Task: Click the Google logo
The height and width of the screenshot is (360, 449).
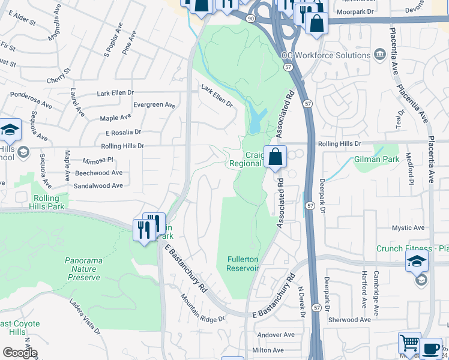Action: (19, 353)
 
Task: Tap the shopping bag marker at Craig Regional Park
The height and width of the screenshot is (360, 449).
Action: (275, 157)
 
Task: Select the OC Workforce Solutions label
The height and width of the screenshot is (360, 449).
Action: (326, 55)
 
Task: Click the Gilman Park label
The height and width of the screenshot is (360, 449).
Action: (376, 160)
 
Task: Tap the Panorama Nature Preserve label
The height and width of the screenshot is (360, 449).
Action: (83, 269)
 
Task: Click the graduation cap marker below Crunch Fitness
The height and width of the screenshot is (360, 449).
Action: (417, 262)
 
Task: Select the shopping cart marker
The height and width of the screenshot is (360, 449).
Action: (409, 344)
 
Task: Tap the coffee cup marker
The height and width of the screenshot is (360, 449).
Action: (430, 349)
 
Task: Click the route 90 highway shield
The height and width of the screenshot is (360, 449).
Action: (250, 18)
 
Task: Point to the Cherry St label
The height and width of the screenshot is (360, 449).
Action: (59, 75)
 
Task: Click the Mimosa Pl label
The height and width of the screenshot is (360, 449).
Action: (98, 160)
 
